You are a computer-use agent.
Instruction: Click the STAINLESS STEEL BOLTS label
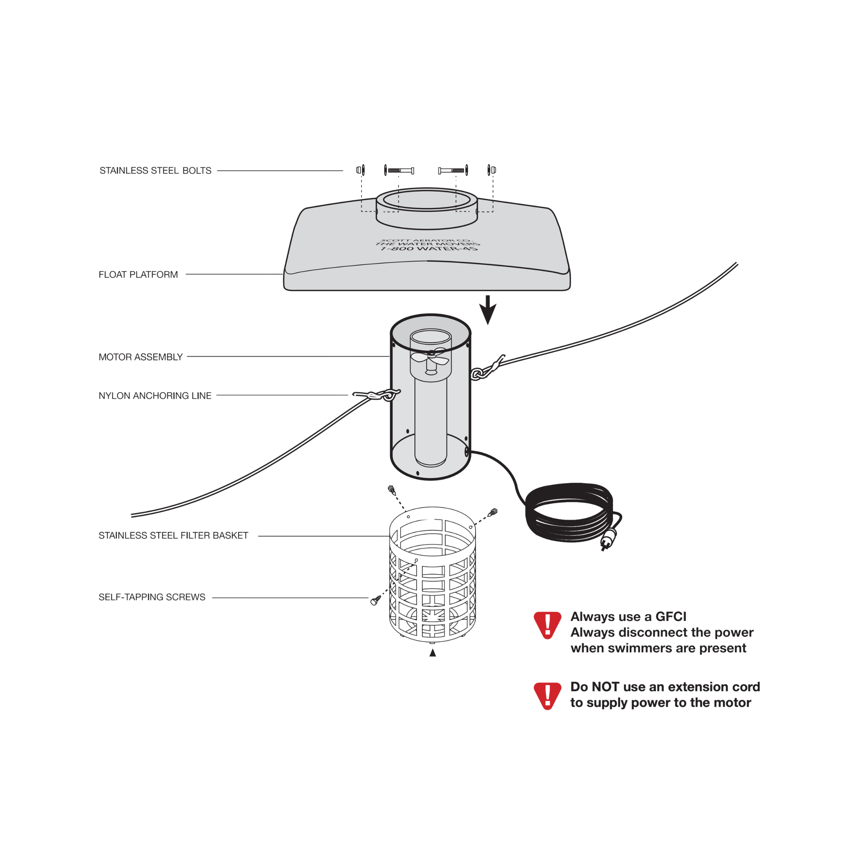pyautogui.click(x=155, y=171)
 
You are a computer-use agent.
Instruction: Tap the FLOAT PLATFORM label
pyautogui.click(x=138, y=274)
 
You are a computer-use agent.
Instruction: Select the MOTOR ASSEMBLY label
pyautogui.click(x=140, y=357)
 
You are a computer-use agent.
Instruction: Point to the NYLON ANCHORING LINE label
pyautogui.click(x=155, y=396)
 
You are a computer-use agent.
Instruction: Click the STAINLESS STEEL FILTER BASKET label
pyautogui.click(x=173, y=535)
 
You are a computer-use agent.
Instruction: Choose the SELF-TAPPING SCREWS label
pyautogui.click(x=152, y=597)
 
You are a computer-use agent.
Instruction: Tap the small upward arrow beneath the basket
pyautogui.click(x=432, y=653)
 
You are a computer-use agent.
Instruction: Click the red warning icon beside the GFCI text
pyautogui.click(x=547, y=625)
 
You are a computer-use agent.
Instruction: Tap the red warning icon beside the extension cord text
pyautogui.click(x=547, y=695)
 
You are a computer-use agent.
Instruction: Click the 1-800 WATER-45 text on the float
pyautogui.click(x=428, y=248)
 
